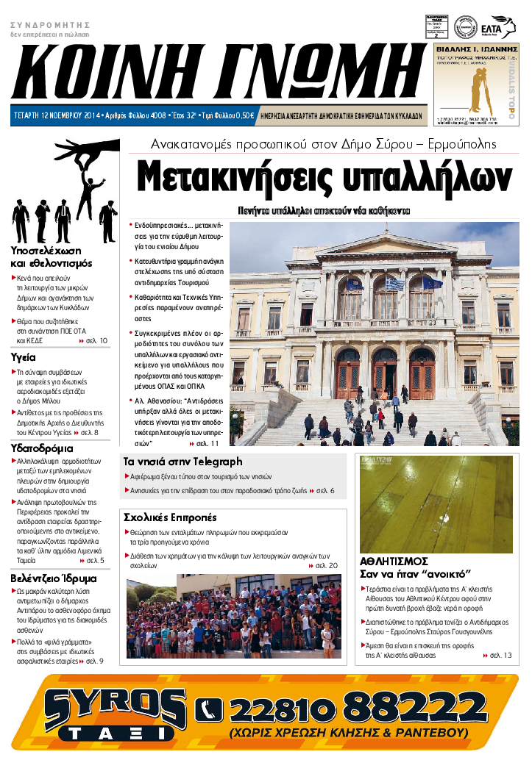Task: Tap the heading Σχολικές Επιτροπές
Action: [x=170, y=517]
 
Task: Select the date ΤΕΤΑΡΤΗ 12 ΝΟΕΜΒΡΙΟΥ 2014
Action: [x=57, y=115]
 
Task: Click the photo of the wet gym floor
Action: [x=435, y=504]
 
